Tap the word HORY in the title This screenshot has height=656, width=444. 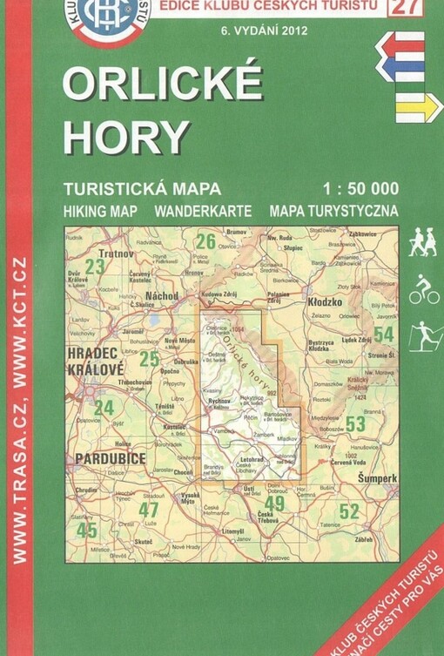[x=125, y=136]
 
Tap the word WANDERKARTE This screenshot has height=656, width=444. [x=203, y=211]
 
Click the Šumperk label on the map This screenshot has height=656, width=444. [x=377, y=478]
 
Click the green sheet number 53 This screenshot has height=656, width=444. [x=355, y=423]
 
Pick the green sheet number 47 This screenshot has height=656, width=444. [x=149, y=510]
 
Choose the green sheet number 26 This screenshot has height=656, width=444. [x=205, y=241]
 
